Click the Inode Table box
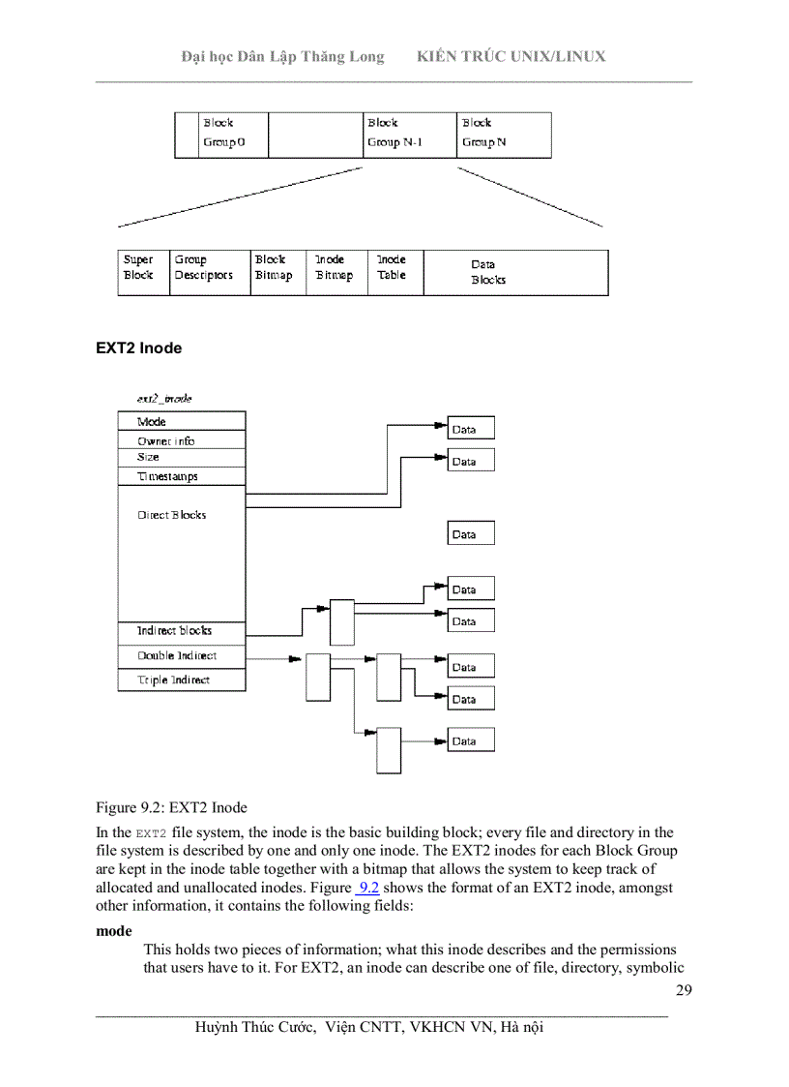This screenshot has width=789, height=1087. click(x=394, y=272)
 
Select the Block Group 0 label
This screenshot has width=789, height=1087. click(x=222, y=134)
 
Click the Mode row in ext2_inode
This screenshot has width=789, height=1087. click(x=181, y=422)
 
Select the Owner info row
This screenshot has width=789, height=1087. click(x=181, y=440)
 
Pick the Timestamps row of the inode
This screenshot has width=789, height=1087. click(x=181, y=476)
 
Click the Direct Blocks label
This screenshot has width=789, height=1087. click(x=171, y=515)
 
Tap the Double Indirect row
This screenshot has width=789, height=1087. click(x=181, y=656)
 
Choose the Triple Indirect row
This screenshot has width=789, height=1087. click(x=181, y=680)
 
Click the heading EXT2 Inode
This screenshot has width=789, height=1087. click(x=138, y=348)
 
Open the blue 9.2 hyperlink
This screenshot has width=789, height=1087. click(x=367, y=888)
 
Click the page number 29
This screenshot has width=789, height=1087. click(x=684, y=990)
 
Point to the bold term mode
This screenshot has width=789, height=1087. click(x=114, y=931)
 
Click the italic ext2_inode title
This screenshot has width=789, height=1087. click(x=163, y=399)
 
